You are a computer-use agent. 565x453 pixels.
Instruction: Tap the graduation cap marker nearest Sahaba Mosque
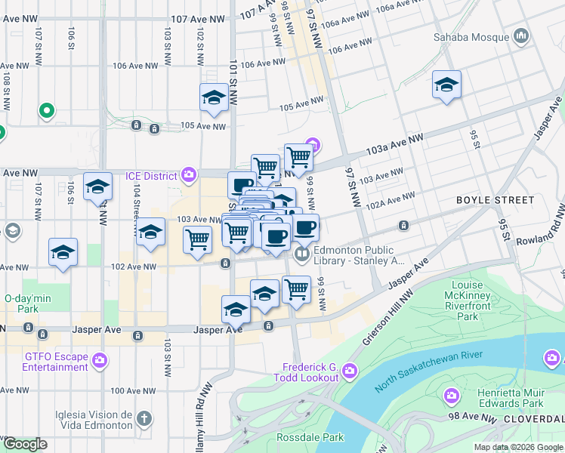click(446, 85)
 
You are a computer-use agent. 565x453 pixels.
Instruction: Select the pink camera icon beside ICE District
click(189, 176)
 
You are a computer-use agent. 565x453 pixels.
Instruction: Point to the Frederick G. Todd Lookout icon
click(349, 370)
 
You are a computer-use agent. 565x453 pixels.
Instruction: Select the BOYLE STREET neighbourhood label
click(495, 200)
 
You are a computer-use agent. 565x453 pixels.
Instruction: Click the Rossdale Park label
click(309, 437)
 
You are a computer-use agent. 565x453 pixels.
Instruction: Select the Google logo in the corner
click(25, 444)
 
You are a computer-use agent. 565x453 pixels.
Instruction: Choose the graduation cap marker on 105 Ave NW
click(215, 98)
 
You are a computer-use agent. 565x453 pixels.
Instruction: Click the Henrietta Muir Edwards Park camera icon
click(452, 395)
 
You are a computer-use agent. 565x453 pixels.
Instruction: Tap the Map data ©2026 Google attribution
click(517, 447)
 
